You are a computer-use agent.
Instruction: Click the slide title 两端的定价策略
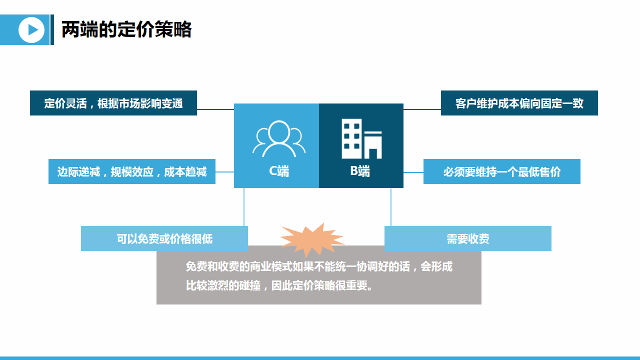126,30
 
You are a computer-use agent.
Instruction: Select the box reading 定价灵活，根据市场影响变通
113,103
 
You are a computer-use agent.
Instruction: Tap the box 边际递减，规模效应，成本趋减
132,171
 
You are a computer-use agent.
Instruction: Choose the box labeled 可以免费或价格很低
164,238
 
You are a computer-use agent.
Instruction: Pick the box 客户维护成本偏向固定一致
519,103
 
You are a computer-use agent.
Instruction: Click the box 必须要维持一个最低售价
501,171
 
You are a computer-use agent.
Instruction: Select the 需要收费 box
467,238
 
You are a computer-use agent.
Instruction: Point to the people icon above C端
278,138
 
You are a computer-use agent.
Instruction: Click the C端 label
278,171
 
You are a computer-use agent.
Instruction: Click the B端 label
360,171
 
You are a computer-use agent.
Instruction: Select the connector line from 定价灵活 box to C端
215,109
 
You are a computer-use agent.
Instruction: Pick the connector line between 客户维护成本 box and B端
422,109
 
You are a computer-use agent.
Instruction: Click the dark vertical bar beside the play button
52,30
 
